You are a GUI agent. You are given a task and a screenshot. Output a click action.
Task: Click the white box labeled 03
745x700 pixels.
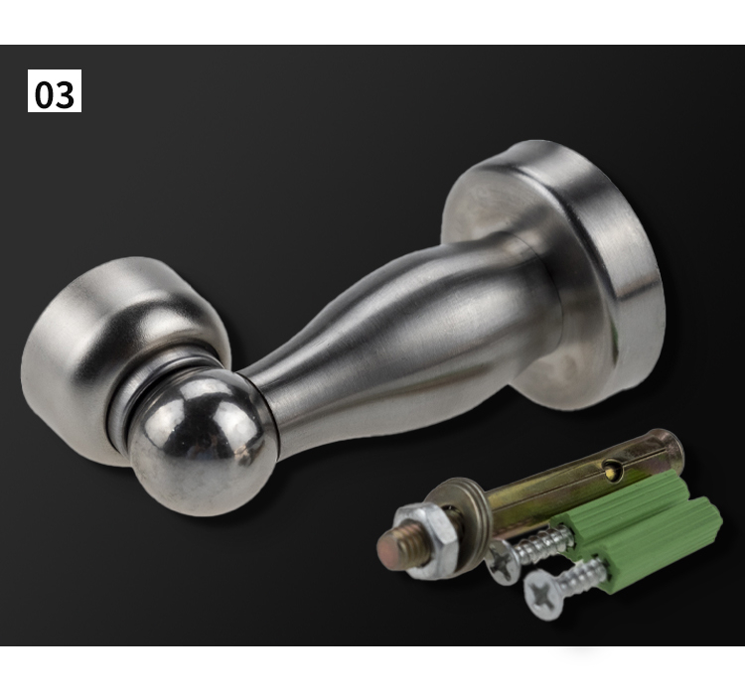(55, 90)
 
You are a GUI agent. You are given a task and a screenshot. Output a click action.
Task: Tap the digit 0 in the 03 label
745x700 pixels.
(44, 94)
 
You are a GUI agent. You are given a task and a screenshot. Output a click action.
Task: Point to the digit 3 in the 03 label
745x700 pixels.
(66, 94)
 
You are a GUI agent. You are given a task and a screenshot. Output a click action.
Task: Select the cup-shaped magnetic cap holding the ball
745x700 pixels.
(119, 351)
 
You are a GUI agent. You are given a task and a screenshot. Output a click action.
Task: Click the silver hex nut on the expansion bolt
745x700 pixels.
(423, 541)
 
